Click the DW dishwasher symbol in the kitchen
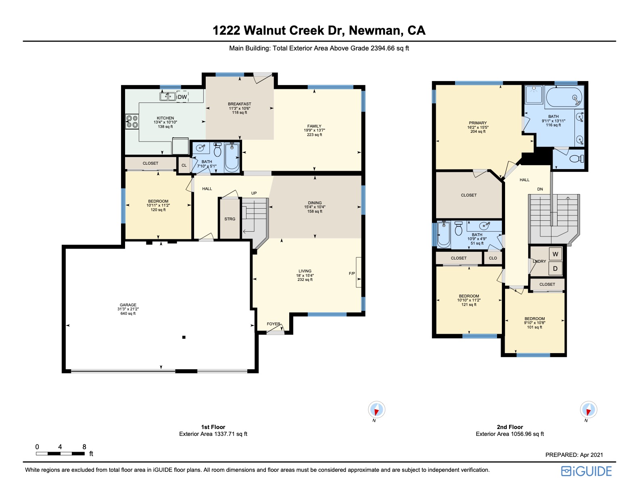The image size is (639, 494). [182, 97]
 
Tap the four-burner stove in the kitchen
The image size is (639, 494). [132, 121]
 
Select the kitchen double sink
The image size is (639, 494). [167, 96]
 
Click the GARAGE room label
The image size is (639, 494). [128, 305]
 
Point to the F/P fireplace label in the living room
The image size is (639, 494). [352, 273]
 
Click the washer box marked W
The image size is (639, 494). [555, 254]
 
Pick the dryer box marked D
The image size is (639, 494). [555, 268]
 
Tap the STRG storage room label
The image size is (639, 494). [230, 219]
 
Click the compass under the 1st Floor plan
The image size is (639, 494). [376, 410]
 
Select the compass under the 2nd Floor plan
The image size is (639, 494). [589, 410]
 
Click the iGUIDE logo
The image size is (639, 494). [587, 471]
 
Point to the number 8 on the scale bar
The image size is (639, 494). [84, 447]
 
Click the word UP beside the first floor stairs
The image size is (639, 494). [254, 193]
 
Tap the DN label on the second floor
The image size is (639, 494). [540, 189]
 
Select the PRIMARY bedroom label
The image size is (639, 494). [478, 123]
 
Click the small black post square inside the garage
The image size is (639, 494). [184, 337]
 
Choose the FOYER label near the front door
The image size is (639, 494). [274, 324]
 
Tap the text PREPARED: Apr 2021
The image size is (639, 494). [574, 455]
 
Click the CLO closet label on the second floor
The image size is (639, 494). [493, 258]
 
